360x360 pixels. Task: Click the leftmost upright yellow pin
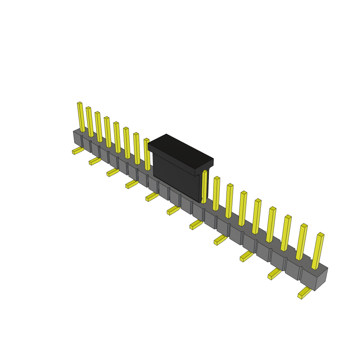point(81,117)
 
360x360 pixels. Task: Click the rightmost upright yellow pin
point(318,251)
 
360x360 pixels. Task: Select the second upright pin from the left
point(90,122)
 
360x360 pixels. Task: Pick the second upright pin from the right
point(302,242)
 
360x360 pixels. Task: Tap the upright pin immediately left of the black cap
point(147,155)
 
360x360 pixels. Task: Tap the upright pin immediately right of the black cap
point(204,187)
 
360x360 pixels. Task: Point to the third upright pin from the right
point(286,233)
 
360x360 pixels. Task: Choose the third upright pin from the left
point(99,127)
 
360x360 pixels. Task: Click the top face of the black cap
point(180,151)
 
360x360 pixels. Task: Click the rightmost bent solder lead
point(304,292)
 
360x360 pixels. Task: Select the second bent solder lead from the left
point(95,161)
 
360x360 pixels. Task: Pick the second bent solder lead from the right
point(274,274)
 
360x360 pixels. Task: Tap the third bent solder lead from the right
point(246,256)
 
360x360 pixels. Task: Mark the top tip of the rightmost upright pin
point(321,234)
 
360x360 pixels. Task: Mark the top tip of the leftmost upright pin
point(79,103)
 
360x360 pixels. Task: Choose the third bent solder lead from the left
point(112,172)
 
